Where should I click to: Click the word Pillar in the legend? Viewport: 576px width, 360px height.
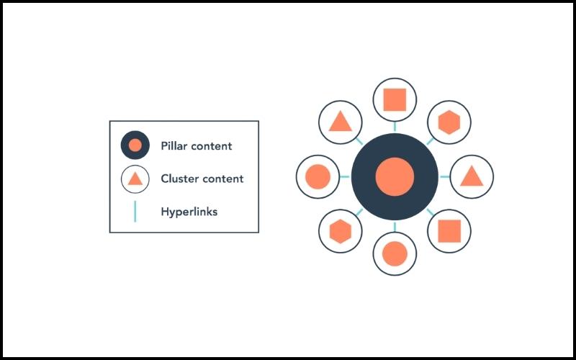click(174, 146)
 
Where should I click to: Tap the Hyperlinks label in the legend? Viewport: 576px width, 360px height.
click(189, 212)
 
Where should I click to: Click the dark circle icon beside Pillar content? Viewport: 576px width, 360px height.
click(135, 145)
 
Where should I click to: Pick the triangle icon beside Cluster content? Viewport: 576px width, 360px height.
click(135, 179)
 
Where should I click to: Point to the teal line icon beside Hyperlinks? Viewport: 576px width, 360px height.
click(135, 211)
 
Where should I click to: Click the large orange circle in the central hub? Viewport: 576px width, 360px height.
click(395, 176)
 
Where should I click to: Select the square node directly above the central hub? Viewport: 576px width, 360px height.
click(395, 99)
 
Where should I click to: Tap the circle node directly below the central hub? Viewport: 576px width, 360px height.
click(395, 253)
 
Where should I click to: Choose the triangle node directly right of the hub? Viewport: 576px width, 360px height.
click(472, 176)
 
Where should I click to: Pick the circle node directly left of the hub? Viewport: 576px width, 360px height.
click(318, 176)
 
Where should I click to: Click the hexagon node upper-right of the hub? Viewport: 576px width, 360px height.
click(449, 122)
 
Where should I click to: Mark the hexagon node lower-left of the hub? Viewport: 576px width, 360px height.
click(341, 231)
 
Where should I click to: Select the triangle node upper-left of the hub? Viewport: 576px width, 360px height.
click(341, 122)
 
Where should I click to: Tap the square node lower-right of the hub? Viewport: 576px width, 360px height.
click(449, 231)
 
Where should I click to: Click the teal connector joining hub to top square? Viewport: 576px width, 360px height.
click(395, 127)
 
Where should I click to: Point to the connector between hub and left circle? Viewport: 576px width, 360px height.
click(345, 176)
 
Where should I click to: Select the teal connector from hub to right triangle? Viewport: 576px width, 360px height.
click(445, 176)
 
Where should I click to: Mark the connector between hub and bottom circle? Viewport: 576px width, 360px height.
click(395, 227)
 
